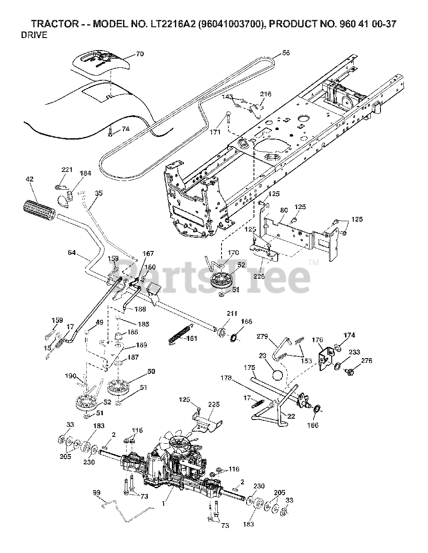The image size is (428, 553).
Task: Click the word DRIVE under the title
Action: click(34, 35)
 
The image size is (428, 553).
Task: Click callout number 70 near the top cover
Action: click(127, 54)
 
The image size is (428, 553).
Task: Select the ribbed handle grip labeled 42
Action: click(38, 210)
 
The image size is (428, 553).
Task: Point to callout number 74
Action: click(125, 128)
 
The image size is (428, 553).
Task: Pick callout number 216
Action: click(266, 94)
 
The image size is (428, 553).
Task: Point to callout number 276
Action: click(366, 361)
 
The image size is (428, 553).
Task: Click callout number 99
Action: click(96, 493)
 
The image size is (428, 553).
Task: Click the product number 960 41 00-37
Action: click(362, 24)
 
